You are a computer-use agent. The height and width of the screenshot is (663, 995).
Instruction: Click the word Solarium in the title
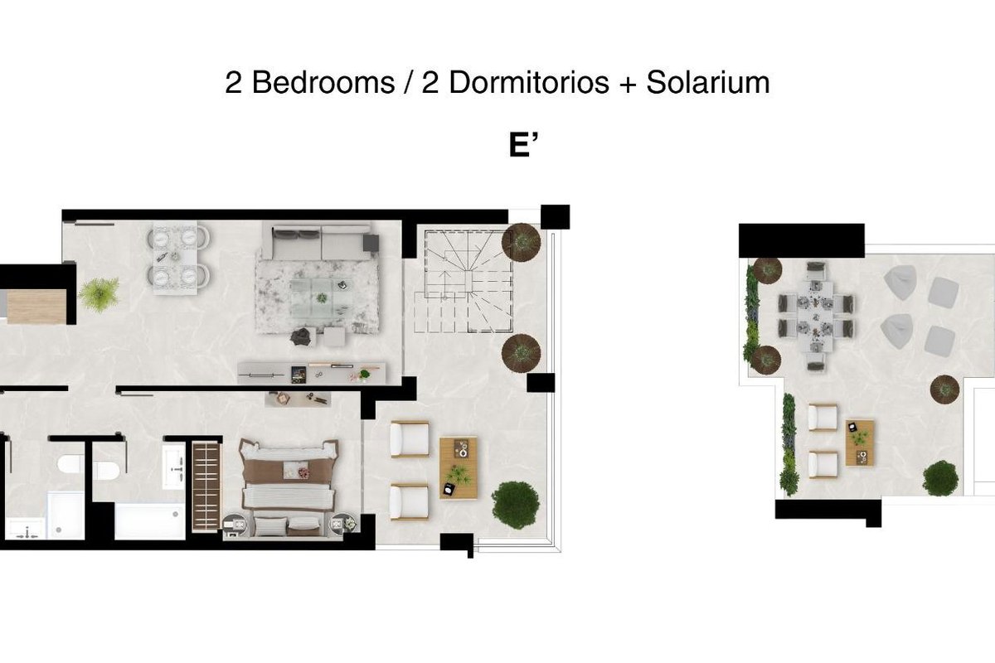[708, 82]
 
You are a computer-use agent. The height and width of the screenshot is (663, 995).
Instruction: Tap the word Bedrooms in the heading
[323, 82]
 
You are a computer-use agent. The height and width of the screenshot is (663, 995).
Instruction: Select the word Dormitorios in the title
[529, 82]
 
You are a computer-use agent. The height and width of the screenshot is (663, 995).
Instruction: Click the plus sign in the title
[628, 84]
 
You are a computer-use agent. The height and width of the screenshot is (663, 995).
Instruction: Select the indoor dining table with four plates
[175, 258]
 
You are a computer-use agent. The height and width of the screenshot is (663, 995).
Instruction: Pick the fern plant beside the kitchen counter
[99, 294]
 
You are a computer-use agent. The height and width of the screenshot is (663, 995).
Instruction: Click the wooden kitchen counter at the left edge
[36, 307]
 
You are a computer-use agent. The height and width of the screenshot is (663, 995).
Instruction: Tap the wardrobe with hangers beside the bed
[206, 486]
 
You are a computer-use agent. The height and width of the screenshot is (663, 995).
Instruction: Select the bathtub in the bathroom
[150, 521]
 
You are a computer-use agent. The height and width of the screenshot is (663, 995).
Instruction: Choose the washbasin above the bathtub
[173, 466]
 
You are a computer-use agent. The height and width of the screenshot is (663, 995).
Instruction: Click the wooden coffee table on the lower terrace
[459, 468]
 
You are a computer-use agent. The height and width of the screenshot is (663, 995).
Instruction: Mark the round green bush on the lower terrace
[516, 506]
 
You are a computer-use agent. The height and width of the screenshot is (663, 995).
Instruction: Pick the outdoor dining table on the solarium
[816, 317]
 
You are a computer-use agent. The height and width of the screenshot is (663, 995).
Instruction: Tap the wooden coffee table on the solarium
[860, 443]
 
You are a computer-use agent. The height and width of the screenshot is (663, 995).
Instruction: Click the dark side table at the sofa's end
[371, 243]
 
